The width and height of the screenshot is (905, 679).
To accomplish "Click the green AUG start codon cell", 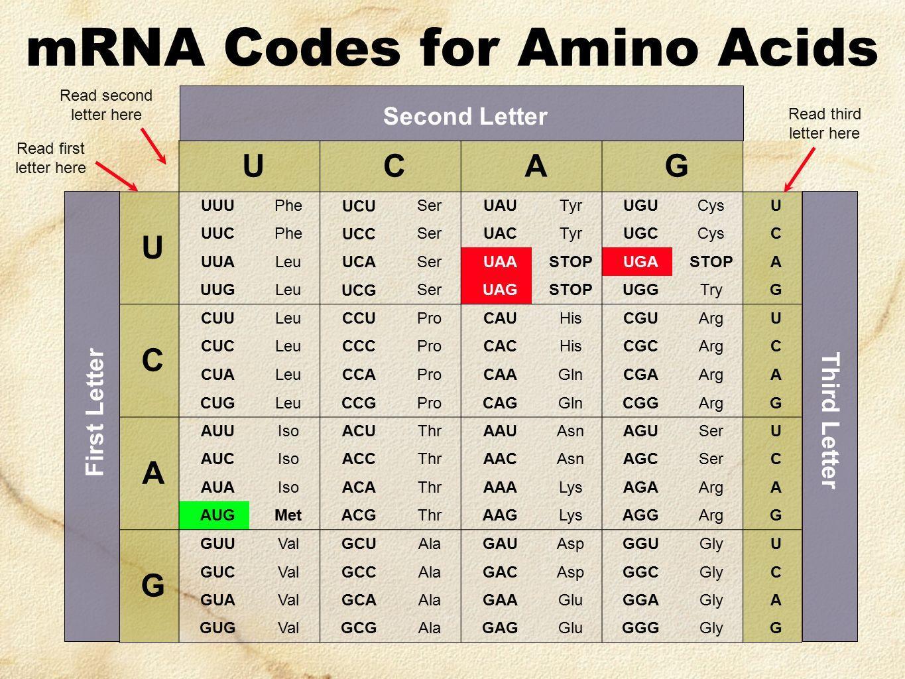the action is (214, 515).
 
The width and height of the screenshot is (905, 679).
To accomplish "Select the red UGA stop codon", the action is (637, 261).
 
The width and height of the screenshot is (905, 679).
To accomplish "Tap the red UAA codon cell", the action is (497, 261).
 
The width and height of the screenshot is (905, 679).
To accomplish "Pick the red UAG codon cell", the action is (497, 289).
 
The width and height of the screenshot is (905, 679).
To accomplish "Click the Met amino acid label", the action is (288, 515).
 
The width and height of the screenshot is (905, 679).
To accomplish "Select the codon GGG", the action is (640, 628).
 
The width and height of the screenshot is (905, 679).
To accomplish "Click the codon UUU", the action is (217, 206).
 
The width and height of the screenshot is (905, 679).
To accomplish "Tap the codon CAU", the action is (500, 318).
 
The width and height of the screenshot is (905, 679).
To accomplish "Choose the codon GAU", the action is (500, 543).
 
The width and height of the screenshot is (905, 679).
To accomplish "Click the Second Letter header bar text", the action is (465, 116).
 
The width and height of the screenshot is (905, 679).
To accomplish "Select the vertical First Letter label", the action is (94, 412).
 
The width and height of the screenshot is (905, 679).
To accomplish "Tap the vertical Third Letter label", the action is (830, 420).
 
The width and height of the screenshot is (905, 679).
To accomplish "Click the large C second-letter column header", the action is (394, 166).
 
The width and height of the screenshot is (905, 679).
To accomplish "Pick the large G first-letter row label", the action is (152, 586).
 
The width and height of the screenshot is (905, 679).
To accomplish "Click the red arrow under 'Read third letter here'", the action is (800, 170).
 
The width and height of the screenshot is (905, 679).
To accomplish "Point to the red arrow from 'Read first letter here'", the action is (117, 176).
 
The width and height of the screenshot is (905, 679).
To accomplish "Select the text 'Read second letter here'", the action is (106, 105).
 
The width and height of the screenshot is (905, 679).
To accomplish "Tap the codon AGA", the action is (640, 487).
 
